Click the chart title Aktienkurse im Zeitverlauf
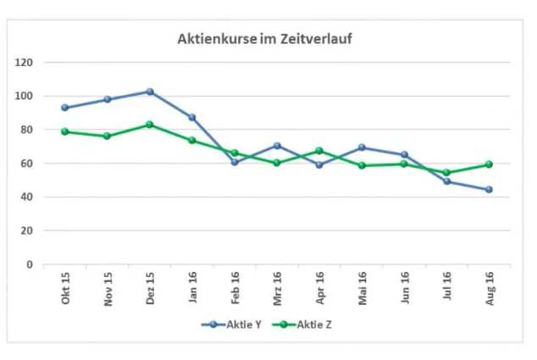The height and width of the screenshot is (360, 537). (x=264, y=39)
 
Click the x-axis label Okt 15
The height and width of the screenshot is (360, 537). (x=65, y=289)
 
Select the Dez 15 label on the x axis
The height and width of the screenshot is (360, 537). (x=150, y=289)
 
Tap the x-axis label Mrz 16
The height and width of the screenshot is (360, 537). (x=278, y=289)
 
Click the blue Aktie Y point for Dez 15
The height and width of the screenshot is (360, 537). (x=150, y=91)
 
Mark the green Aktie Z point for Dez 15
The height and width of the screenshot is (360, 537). (x=150, y=125)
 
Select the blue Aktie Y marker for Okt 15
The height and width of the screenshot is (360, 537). (x=65, y=108)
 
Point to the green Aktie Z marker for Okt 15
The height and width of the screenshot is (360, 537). (x=65, y=131)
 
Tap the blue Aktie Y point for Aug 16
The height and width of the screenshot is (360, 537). (x=490, y=190)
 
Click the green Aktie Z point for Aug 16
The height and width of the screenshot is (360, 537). (x=490, y=164)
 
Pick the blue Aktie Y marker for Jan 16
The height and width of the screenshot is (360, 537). (x=192, y=118)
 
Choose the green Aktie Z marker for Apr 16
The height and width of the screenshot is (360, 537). (x=320, y=151)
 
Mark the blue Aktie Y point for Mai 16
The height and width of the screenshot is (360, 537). (x=363, y=147)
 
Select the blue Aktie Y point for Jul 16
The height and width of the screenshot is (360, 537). (x=447, y=181)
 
